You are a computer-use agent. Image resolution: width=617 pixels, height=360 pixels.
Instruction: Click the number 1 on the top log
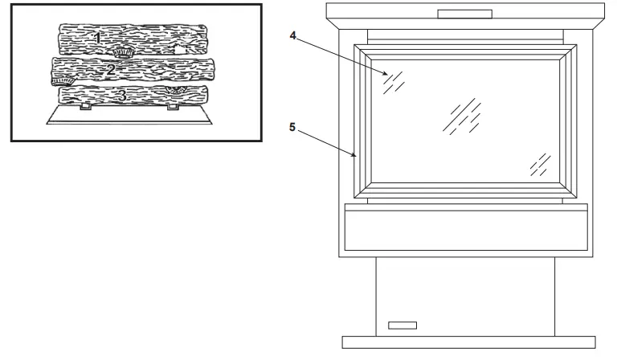click(x=98, y=37)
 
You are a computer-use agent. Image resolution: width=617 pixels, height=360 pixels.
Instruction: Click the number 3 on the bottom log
click(x=122, y=96)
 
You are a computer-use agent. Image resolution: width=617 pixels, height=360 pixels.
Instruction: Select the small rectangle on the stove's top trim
click(x=465, y=14)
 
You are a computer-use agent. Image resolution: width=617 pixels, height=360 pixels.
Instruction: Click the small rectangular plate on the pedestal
click(x=403, y=325)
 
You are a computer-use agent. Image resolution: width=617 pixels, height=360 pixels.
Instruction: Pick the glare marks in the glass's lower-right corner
click(x=540, y=165)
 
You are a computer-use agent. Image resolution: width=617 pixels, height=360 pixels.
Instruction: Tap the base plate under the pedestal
click(x=468, y=342)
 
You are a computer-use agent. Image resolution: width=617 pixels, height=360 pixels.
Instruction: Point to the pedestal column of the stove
click(x=465, y=293)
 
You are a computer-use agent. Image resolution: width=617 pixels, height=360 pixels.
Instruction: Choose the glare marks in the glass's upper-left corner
click(x=394, y=80)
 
